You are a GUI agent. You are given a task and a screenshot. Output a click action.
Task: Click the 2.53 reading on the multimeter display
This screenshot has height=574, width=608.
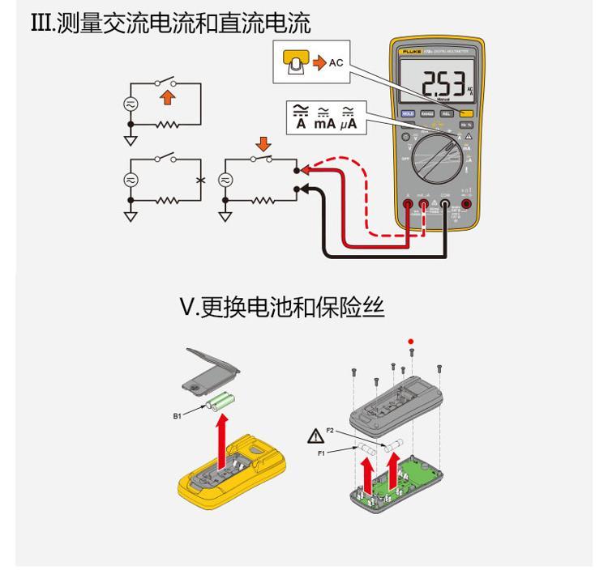point(443,83)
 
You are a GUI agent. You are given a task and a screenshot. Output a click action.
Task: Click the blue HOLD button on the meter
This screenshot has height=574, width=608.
point(409,114)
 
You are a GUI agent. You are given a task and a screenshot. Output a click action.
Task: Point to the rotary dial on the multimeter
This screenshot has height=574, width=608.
point(437,158)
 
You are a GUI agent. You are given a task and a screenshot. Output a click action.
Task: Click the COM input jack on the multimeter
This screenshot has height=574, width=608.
point(444,205)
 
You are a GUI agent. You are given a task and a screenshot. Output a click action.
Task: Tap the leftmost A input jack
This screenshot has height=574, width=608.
point(407,205)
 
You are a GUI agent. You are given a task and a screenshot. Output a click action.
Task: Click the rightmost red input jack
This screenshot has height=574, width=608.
point(466,205)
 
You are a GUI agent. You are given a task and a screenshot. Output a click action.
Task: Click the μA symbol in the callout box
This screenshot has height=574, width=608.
point(351,121)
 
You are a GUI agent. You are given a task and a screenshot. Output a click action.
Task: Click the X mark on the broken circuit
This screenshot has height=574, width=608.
point(199,179)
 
